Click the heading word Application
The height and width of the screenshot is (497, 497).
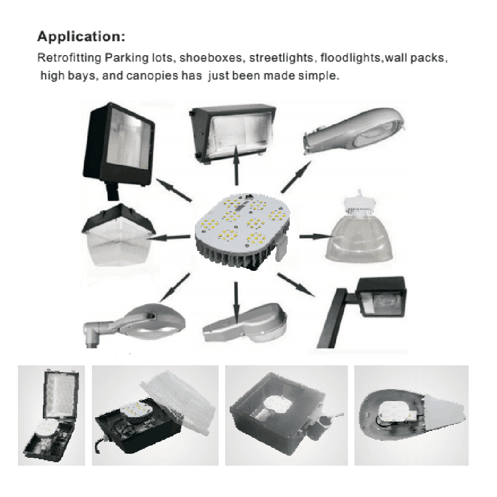tap(82, 37)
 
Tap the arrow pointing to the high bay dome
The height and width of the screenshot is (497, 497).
tap(313, 237)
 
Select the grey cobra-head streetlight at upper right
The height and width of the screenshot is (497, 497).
tap(355, 132)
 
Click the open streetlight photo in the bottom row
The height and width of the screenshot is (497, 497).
tap(411, 415)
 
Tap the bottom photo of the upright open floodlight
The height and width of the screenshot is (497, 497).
tap(51, 415)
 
